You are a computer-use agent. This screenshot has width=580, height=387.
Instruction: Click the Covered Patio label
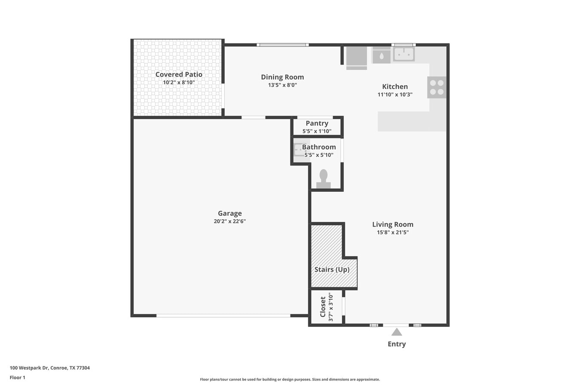click(179, 74)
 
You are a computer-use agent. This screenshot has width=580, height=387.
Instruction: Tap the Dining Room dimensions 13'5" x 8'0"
click(282, 85)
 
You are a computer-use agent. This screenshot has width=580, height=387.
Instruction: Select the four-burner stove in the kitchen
click(437, 87)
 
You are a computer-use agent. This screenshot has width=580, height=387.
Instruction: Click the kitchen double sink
click(403, 54)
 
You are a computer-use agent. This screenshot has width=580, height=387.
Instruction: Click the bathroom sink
click(299, 150)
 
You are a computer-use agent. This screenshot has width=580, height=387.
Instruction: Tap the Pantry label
click(317, 123)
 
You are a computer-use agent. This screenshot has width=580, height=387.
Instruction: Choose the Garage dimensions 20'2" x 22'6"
click(229, 221)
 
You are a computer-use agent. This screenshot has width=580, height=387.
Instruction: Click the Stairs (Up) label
click(332, 270)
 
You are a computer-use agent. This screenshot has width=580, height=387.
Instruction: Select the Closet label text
click(323, 307)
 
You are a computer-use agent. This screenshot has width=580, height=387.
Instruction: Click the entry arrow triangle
click(397, 332)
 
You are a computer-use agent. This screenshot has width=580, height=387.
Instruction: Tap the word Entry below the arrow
click(397, 344)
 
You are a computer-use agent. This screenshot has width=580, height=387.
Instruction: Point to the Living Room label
click(393, 224)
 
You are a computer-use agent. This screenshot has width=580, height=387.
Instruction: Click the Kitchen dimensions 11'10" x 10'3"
click(395, 95)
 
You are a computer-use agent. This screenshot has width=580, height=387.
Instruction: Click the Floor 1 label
click(18, 378)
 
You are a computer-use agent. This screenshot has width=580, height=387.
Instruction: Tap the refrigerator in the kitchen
click(357, 57)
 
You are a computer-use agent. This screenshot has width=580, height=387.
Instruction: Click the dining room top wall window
click(282, 45)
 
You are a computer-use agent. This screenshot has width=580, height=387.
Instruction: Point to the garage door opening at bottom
click(223, 316)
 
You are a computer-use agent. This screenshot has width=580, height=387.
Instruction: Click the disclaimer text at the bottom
click(290, 379)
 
